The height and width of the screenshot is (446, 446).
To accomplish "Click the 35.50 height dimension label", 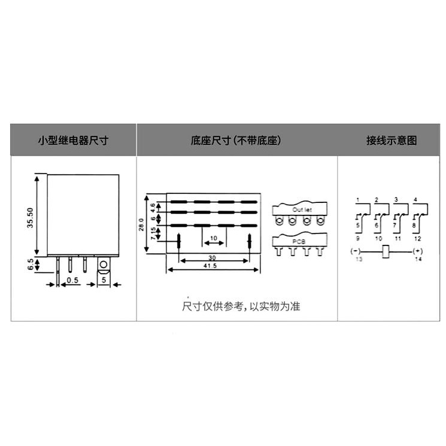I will pyautogui.click(x=30, y=220).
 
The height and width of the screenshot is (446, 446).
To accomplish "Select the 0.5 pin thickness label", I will pyautogui.click(x=72, y=280).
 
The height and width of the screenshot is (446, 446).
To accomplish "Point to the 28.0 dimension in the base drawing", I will pyautogui.click(x=142, y=223).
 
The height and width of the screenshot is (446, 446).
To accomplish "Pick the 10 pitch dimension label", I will pyautogui.click(x=213, y=238).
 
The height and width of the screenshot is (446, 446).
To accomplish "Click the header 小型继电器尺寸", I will pyautogui.click(x=73, y=141).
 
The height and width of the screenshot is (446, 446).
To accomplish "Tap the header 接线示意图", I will pyautogui.click(x=392, y=141).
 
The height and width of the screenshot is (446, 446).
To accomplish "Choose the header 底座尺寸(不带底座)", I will pyautogui.click(x=236, y=141).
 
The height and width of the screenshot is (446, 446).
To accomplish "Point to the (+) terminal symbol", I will pyautogui.click(x=417, y=250).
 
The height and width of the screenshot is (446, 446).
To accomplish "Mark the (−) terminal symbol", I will pyautogui.click(x=356, y=250).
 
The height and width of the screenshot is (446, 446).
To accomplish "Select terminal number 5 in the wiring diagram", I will pyautogui.click(x=357, y=225).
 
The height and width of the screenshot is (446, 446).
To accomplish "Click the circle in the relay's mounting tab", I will pyautogui.click(x=104, y=264).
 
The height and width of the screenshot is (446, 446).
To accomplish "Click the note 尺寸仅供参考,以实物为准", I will pyautogui.click(x=241, y=307).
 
